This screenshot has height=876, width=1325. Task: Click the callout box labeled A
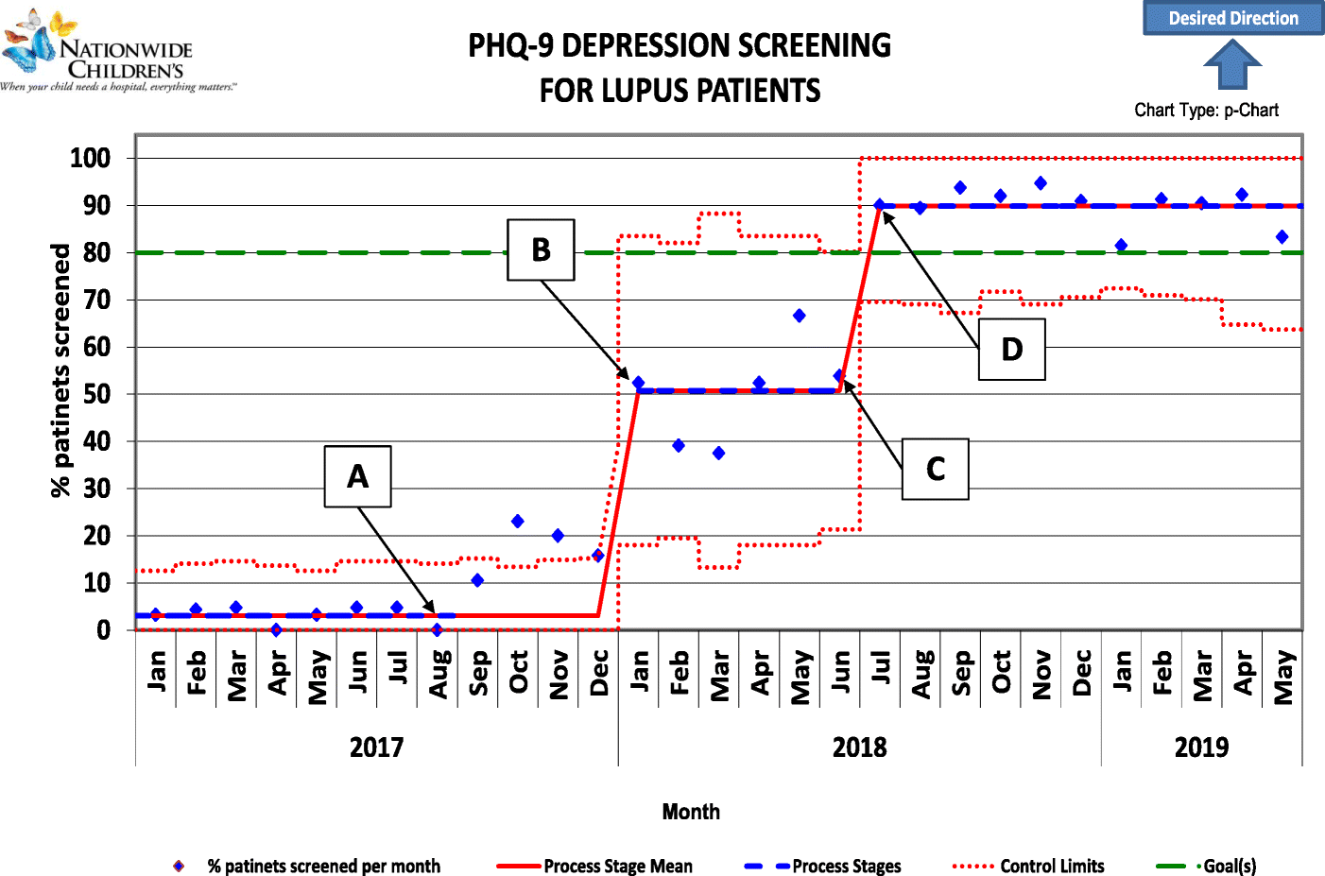point(357,476)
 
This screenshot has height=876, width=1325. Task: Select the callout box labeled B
point(541,249)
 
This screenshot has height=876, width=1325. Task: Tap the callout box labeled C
point(935,469)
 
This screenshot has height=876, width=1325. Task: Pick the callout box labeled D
point(1011,349)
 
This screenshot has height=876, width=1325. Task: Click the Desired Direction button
point(1232,18)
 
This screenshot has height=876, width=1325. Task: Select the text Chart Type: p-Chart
point(1206,110)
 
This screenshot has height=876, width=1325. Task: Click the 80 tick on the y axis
point(96,252)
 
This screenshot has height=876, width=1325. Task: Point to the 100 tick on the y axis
point(91,158)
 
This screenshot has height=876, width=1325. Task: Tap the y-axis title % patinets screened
point(60,369)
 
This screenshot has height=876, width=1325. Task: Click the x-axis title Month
point(690,812)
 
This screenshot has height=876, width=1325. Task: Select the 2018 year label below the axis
point(859,747)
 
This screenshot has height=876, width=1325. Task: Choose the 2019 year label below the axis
point(1201,747)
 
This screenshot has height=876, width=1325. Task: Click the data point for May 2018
point(800,316)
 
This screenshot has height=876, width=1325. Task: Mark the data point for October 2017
point(517,522)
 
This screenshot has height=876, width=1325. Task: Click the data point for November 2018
point(1041,183)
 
